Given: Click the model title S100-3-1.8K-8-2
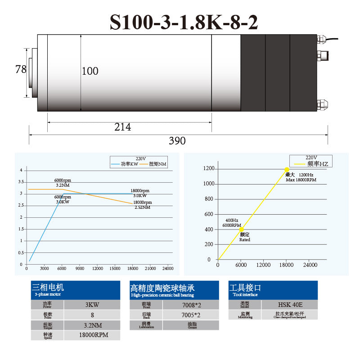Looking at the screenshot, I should [184, 22].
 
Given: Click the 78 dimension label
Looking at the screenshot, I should [21, 69].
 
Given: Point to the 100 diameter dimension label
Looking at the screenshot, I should [90, 71].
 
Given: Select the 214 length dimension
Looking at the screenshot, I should [122, 127].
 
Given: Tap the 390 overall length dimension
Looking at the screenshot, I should [177, 141].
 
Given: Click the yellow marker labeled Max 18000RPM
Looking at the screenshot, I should [287, 169].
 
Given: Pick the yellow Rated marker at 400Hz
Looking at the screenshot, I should [241, 229].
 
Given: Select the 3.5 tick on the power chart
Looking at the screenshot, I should [21, 182].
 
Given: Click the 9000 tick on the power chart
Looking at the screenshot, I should [80, 269].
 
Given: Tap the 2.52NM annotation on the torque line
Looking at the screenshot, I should [143, 207].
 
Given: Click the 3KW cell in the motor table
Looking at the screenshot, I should [92, 305].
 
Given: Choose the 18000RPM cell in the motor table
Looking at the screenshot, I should [92, 335].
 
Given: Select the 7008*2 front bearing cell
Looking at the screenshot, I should [190, 305].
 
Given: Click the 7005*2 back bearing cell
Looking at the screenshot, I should [190, 315].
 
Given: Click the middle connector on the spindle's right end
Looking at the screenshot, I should [323, 56].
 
